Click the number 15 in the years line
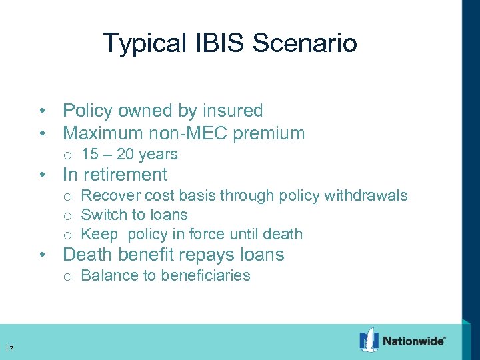click(89, 155)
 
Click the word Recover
click(106, 195)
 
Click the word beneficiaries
click(207, 275)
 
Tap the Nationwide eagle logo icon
click(369, 340)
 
